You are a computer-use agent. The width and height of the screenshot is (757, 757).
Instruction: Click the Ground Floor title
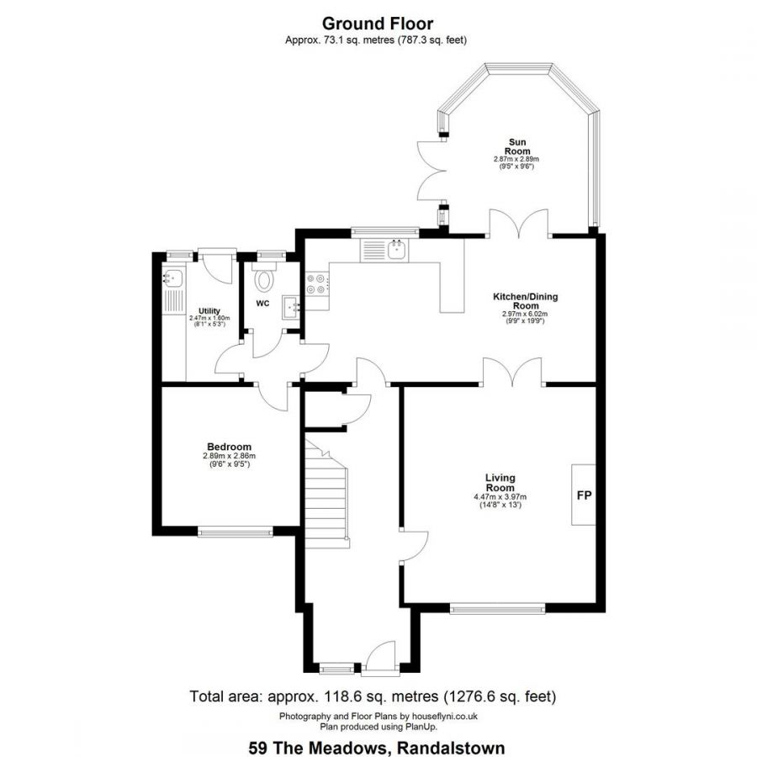pyautogui.click(x=378, y=24)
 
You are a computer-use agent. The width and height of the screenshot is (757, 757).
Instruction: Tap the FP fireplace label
pyautogui.click(x=585, y=495)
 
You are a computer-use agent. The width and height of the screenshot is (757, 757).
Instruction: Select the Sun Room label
pyautogui.click(x=517, y=146)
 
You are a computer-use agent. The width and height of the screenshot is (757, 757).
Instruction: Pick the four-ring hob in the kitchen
pyautogui.click(x=317, y=284)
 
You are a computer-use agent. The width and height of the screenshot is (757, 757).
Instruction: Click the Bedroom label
pyautogui.click(x=230, y=447)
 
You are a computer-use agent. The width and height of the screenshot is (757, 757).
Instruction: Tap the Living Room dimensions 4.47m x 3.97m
pyautogui.click(x=500, y=497)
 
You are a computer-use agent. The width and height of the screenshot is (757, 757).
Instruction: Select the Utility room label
pyautogui.click(x=209, y=311)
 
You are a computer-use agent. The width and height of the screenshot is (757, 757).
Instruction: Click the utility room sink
pyautogui.click(x=172, y=278)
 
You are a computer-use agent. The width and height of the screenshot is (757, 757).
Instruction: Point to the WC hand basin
pyautogui.click(x=291, y=307)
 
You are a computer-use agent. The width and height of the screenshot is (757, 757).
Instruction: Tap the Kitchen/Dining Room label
pyautogui.click(x=525, y=301)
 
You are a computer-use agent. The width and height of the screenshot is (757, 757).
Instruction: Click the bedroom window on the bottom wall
pyautogui.click(x=236, y=532)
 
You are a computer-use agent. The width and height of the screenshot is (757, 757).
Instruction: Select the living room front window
pyautogui.click(x=498, y=608)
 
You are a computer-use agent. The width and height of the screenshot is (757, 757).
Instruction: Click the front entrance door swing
pyautogui.click(x=381, y=654)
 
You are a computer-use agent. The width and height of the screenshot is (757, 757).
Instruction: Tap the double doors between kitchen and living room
pyautogui.click(x=512, y=373)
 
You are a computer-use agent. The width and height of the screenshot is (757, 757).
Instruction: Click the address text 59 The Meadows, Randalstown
pyautogui.click(x=377, y=748)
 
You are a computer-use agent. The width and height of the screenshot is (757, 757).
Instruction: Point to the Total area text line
pyautogui.click(x=373, y=696)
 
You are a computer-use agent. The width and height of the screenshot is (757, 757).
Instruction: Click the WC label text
pyautogui.click(x=262, y=303)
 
